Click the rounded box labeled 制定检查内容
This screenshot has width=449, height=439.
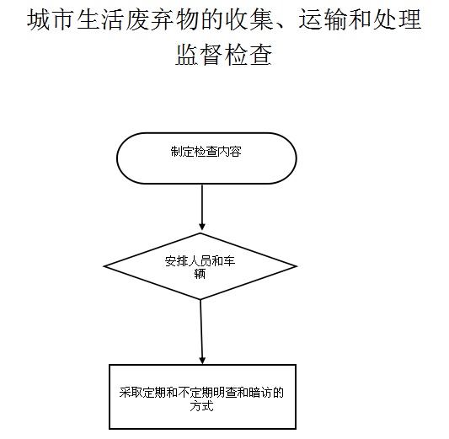pyautogui.click(x=206, y=158)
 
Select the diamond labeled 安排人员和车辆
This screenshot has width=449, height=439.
pyautogui.click(x=200, y=266)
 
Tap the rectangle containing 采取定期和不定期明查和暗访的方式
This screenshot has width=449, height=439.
pyautogui.click(x=202, y=397)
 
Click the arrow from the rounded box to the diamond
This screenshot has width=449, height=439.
pyautogui.click(x=202, y=206)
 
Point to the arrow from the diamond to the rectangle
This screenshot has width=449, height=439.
pyautogui.click(x=201, y=332)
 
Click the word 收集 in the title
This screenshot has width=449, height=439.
pyautogui.click(x=249, y=19)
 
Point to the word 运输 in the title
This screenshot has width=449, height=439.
pyautogui.click(x=323, y=19)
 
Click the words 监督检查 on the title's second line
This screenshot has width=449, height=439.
pyautogui.click(x=224, y=55)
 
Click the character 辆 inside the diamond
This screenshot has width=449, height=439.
pyautogui.click(x=200, y=274)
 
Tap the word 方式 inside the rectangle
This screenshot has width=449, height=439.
pyautogui.click(x=202, y=406)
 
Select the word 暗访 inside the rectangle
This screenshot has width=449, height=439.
pyautogui.click(x=260, y=393)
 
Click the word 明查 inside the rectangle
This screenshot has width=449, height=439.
pyautogui.click(x=225, y=393)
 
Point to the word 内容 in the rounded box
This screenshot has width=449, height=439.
pyautogui.click(x=229, y=152)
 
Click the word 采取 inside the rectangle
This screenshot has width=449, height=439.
pyautogui.click(x=131, y=393)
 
